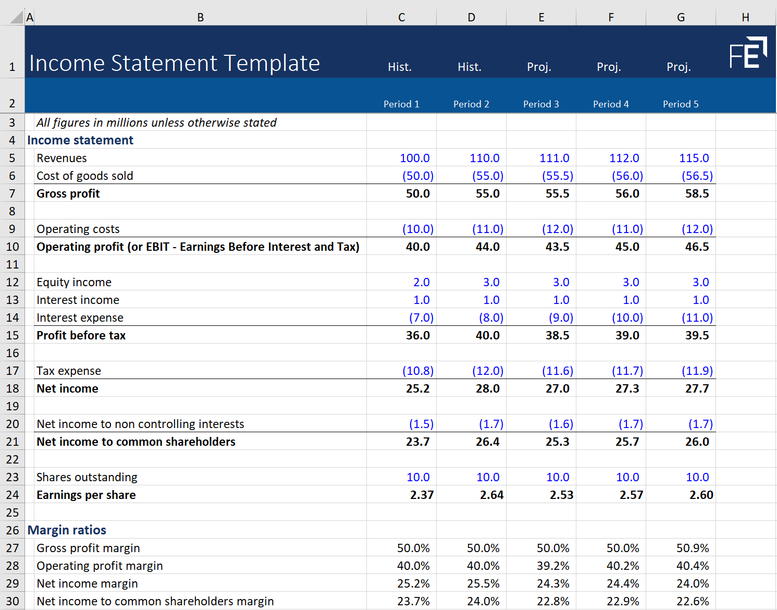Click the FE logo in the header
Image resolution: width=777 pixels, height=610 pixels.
pos(748,53)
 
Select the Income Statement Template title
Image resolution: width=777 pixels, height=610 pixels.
pos(175,63)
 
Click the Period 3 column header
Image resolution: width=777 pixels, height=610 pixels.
pos(541,104)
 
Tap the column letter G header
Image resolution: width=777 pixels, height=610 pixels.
pos(681,17)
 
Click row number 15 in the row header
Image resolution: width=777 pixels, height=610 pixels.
pos(13,335)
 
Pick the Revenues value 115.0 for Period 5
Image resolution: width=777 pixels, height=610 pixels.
pos(694,158)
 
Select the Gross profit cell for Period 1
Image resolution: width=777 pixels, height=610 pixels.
pos(417,193)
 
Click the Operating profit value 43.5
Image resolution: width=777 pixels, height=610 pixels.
pos(557,247)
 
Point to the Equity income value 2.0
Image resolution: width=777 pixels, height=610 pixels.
pos(421,282)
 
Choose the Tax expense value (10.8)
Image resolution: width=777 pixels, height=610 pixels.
pos(417,371)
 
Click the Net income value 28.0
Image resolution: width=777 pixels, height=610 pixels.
pos(487,388)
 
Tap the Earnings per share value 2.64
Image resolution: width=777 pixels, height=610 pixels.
pos(491,495)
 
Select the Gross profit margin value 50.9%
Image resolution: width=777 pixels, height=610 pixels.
pos(693,548)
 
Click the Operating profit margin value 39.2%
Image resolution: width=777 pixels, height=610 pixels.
pos(553,566)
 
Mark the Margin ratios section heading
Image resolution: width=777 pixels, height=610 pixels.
pos(67,530)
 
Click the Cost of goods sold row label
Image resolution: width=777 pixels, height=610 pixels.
pos(85,176)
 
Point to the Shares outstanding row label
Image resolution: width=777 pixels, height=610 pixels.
pos(87,477)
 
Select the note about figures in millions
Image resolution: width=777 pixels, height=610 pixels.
pos(156,123)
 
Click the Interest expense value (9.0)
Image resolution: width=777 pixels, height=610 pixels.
pos(561,318)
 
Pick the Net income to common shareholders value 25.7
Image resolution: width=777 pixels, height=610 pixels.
pos(627,442)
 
